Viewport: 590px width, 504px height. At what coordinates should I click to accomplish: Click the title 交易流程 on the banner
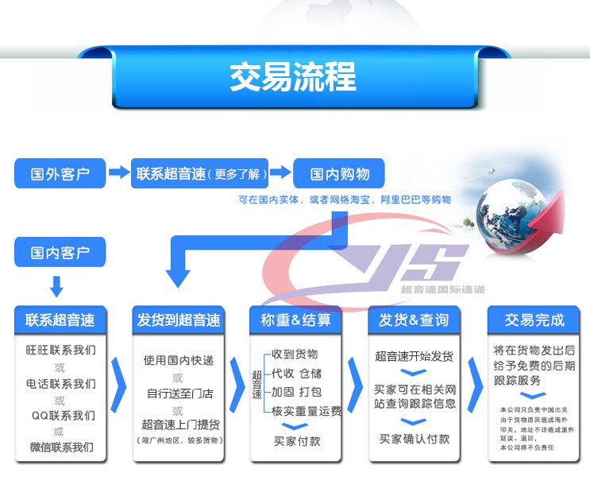coord(293,78)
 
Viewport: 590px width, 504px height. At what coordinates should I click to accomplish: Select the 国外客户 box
coord(60,173)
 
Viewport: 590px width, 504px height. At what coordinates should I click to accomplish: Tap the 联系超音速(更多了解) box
coord(199,173)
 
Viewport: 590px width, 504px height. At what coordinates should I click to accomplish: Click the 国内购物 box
coord(338,173)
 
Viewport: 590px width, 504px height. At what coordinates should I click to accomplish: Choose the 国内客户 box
coord(60,254)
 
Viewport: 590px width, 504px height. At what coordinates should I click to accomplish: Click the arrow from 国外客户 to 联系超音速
coord(118,173)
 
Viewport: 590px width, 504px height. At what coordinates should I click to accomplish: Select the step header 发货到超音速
coord(178,320)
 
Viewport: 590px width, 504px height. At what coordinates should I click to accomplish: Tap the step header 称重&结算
coord(295,320)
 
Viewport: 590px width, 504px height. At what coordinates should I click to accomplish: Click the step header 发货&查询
coord(413,320)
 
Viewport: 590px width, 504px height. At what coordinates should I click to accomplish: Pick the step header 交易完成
coord(534,320)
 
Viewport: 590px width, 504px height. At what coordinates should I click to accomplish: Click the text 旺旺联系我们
coord(60,351)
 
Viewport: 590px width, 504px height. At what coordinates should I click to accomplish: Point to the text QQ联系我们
coord(60,415)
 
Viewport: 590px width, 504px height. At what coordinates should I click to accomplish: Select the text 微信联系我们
coord(60,448)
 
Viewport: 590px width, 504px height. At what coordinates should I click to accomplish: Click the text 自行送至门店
coord(179,393)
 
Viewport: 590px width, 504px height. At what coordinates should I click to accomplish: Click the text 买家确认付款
coord(414,439)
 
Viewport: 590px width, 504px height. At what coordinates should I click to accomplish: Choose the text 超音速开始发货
coord(414,355)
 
